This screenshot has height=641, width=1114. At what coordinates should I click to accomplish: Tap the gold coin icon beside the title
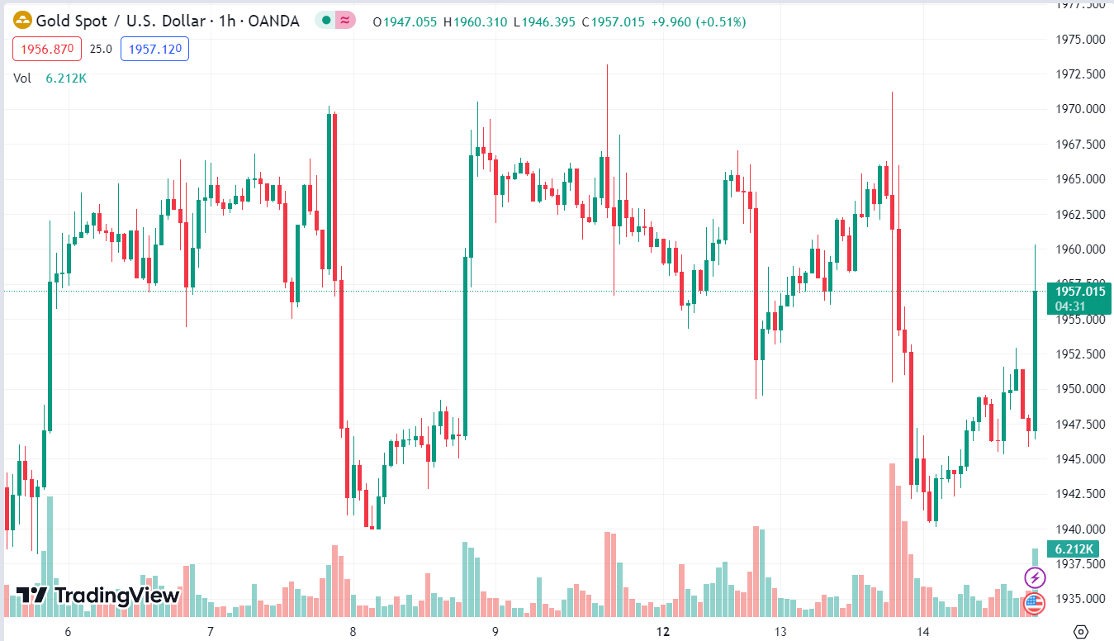tap(22, 21)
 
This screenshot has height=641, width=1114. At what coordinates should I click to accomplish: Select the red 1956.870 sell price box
tap(47, 49)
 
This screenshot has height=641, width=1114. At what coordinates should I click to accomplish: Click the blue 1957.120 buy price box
tap(154, 49)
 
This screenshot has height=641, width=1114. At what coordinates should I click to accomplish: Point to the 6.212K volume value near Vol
tap(66, 78)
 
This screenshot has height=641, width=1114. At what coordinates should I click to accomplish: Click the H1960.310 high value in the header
tap(476, 21)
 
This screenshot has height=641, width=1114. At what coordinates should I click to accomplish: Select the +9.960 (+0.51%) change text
tap(698, 21)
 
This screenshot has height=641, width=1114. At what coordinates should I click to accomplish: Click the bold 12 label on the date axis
tap(662, 632)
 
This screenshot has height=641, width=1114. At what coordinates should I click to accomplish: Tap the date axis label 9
tap(495, 632)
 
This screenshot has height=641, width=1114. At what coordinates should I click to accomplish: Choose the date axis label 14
tap(922, 632)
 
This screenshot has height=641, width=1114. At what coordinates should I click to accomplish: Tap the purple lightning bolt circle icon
tap(1035, 577)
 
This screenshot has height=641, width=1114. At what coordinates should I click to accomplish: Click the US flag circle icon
tap(1035, 604)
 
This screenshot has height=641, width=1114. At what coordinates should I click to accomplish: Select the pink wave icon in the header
tap(346, 21)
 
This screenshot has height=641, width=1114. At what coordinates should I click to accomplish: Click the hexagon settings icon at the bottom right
tap(1080, 632)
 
